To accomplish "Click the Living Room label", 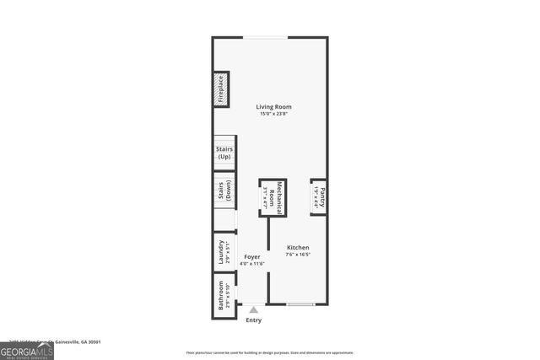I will (x=274, y=106).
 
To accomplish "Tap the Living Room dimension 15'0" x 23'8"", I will (x=274, y=114).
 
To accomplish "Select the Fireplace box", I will (x=220, y=90).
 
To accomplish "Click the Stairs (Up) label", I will (x=224, y=153).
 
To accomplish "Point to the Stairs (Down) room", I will (x=224, y=190).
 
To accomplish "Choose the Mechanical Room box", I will (x=273, y=198).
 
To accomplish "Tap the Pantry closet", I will (x=319, y=197).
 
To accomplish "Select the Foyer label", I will (x=252, y=256).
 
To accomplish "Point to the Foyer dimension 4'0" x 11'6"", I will (x=252, y=264).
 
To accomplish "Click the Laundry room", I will (x=224, y=252).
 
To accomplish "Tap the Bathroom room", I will (x=224, y=295).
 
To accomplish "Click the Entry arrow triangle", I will (x=253, y=310).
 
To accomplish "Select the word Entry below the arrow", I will (x=253, y=320).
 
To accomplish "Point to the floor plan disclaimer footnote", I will (x=270, y=352).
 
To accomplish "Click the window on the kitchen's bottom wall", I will (x=300, y=304).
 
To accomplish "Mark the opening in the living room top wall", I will (x=266, y=37).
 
